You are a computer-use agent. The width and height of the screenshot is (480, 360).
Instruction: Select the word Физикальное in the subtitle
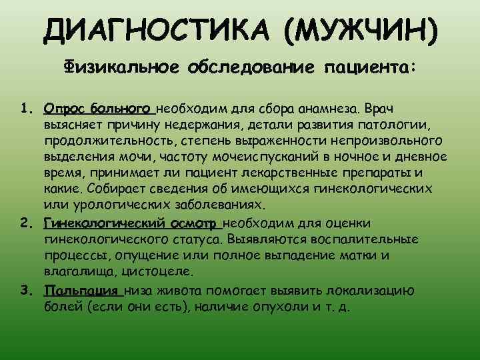(x=120, y=67)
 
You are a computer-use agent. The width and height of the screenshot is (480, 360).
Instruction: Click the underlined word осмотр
(x=190, y=223)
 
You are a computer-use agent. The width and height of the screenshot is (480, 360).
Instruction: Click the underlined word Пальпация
(x=81, y=291)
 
